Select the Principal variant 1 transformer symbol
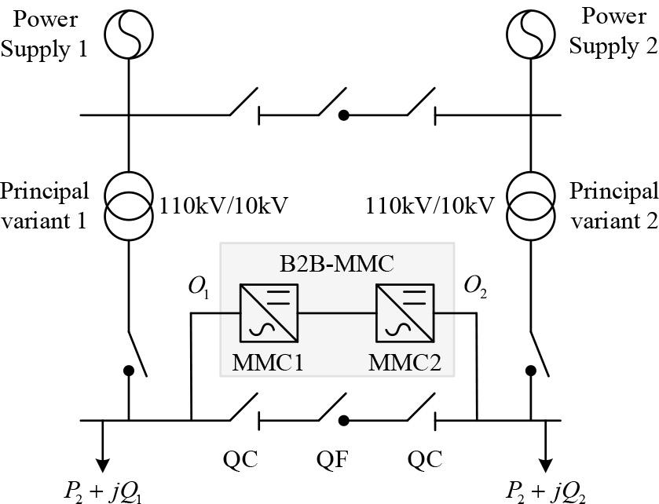click(129, 205)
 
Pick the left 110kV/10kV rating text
click(224, 206)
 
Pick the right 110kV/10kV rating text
click(431, 206)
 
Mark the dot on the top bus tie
click(343, 115)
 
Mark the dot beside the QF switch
click(343, 420)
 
